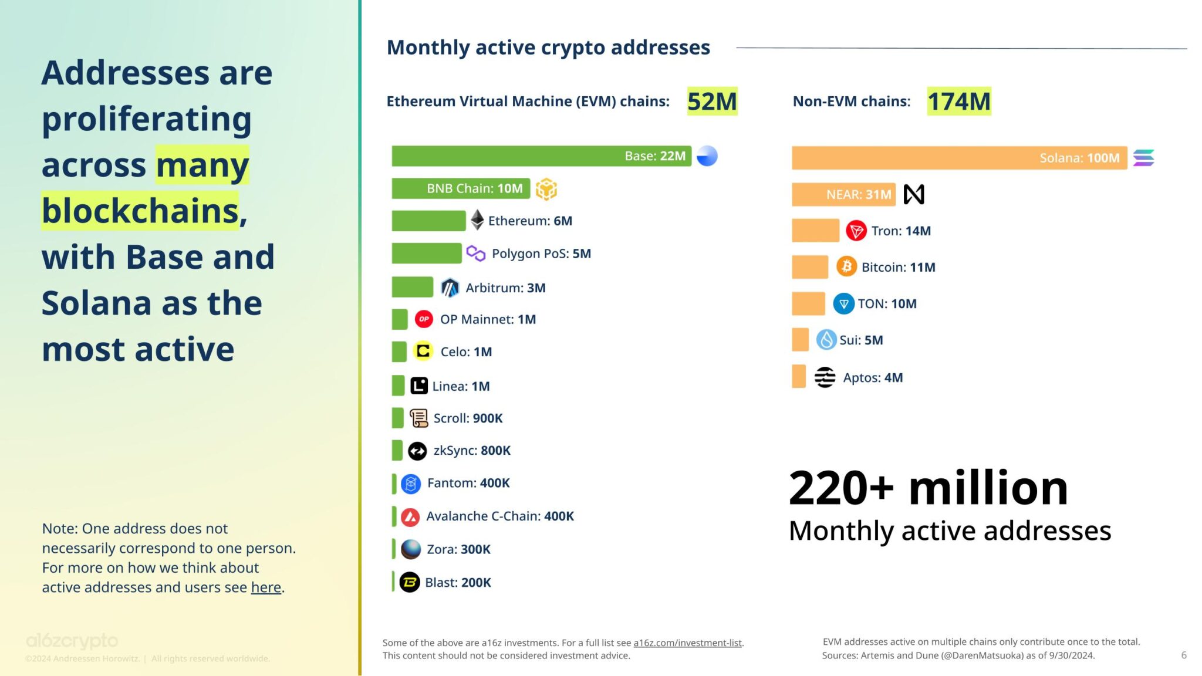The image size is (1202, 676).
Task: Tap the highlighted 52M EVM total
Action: click(712, 102)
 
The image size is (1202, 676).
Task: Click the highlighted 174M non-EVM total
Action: click(959, 102)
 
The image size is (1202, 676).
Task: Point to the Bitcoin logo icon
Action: click(846, 267)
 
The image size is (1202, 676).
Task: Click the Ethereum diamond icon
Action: click(477, 220)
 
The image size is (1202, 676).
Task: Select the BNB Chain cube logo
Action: click(546, 189)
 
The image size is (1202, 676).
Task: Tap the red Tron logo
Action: click(856, 231)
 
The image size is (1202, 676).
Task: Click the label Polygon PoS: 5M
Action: click(541, 253)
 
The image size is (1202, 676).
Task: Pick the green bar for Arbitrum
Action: click(412, 288)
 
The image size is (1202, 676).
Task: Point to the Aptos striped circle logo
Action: click(825, 377)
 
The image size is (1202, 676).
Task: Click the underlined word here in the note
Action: click(266, 587)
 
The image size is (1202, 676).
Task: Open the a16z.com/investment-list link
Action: click(687, 643)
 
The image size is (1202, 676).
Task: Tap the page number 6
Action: click(1183, 655)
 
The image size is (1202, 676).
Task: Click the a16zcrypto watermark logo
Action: click(72, 641)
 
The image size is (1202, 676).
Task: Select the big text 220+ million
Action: click(928, 488)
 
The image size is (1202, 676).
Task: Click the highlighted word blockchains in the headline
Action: click(140, 211)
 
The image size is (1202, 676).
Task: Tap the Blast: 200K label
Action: click(458, 583)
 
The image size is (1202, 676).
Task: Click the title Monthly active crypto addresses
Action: click(548, 48)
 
